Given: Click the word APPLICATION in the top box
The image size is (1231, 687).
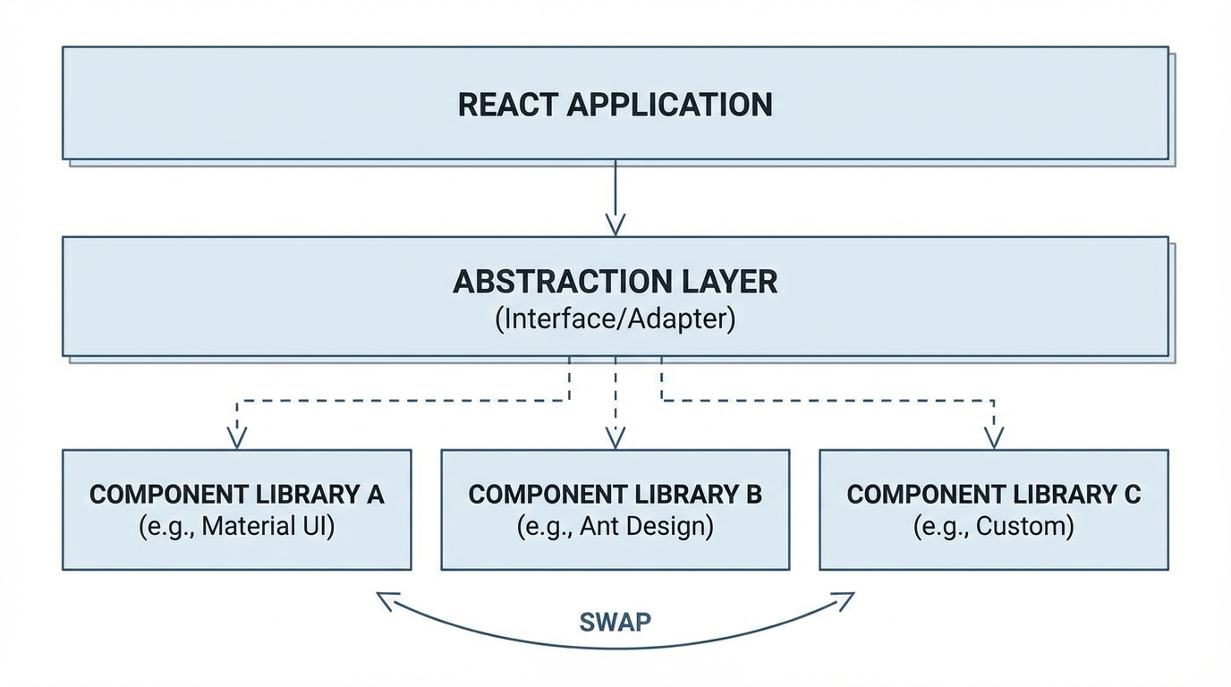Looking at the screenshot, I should tap(670, 105).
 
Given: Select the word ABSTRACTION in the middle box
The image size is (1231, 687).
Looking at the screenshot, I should tap(554, 282).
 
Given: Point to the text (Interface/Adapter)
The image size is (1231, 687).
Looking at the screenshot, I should tap(615, 319).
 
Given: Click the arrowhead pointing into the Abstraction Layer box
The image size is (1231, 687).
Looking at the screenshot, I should tap(615, 224).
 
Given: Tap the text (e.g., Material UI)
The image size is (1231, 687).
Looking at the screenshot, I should tap(236, 526).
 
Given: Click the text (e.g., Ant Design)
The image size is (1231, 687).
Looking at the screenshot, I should tap(615, 526).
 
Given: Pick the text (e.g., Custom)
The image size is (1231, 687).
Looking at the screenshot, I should tap(993, 526).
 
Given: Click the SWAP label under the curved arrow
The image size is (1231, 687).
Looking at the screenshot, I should tap(615, 622).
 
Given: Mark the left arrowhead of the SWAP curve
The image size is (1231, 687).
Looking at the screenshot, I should tap(386, 600).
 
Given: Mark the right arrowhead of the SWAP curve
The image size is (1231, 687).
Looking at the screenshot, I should tap(844, 600).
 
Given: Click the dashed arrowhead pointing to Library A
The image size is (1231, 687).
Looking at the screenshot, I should tap(236, 437).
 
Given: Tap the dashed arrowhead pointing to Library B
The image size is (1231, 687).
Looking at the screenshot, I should tap(615, 437).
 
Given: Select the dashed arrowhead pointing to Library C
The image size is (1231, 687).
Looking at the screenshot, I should tap(993, 437).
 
